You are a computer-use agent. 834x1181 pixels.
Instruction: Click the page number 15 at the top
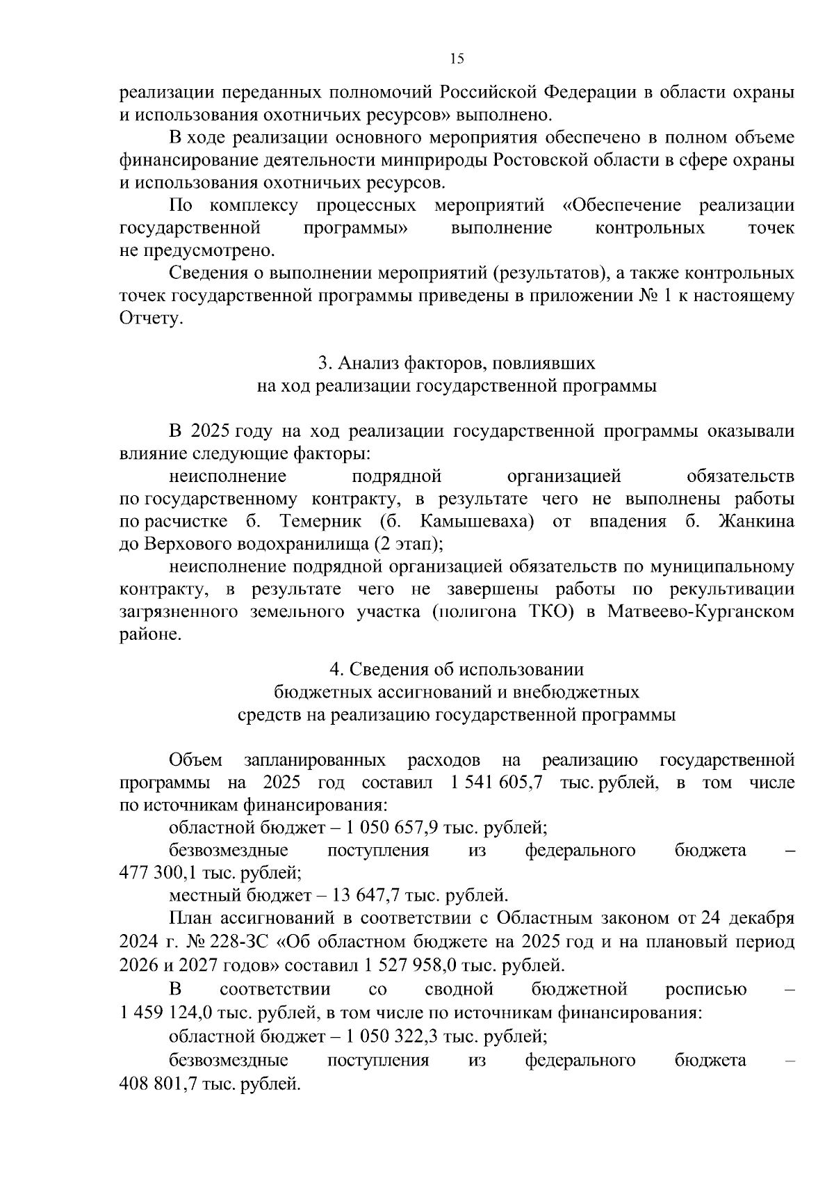coord(457,58)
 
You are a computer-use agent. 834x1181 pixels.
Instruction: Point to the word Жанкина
coord(755,522)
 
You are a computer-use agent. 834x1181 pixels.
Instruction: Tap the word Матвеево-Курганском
coord(701,612)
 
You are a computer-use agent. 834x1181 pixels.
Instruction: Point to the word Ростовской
coord(539,160)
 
